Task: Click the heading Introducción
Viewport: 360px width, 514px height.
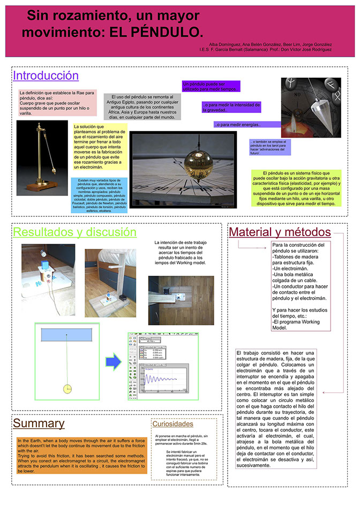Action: point(46,75)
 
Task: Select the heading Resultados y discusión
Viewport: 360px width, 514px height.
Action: point(74,232)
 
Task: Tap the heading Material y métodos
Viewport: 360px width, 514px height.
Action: point(280,232)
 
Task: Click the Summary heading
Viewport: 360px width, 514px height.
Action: point(39,423)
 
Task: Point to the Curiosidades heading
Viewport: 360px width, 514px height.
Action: point(172,424)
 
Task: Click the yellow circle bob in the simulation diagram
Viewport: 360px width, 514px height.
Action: point(67,388)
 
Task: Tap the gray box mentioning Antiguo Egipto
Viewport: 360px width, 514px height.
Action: point(142,107)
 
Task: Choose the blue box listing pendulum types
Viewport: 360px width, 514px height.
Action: point(99,195)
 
